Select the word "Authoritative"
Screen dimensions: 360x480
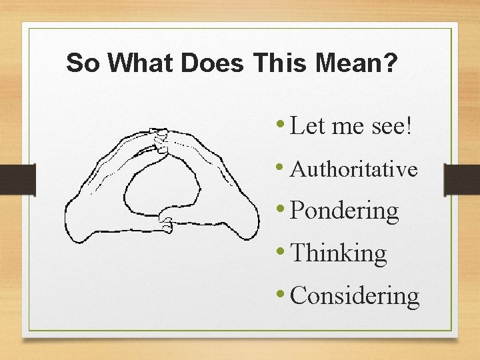[355, 169]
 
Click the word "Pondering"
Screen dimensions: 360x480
[345, 211]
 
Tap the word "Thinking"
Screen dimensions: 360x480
[339, 253]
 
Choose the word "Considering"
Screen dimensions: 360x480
[355, 295]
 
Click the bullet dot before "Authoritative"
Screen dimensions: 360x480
[283, 167]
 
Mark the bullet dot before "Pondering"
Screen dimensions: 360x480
[283, 209]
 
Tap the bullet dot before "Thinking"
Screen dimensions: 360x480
[283, 251]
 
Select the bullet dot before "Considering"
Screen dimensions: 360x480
[283, 293]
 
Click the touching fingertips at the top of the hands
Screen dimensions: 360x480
[160, 139]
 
